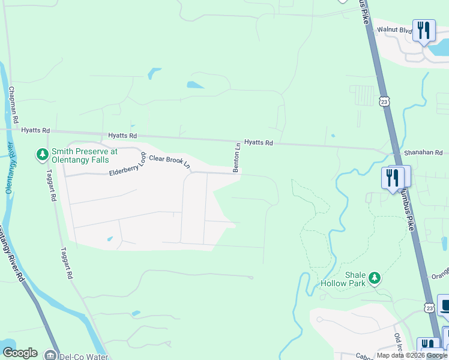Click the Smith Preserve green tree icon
(x=42, y=155)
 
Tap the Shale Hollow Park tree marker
(x=375, y=278)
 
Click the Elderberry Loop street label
(x=127, y=164)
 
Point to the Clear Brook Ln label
(x=169, y=161)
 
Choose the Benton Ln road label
(x=237, y=158)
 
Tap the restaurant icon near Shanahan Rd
(x=392, y=178)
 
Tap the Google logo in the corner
(x=20, y=353)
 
